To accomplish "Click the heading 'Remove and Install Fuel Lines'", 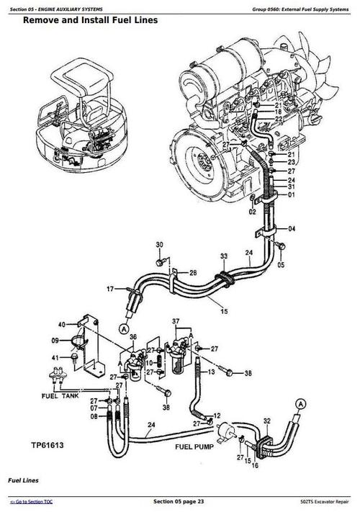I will (90, 20).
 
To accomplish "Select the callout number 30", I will (160, 244).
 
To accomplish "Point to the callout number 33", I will (224, 256).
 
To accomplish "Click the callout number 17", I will (110, 289).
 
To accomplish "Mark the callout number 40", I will (62, 323).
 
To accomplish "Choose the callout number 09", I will (56, 341).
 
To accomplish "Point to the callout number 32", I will (266, 420).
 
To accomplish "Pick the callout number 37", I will (175, 320).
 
